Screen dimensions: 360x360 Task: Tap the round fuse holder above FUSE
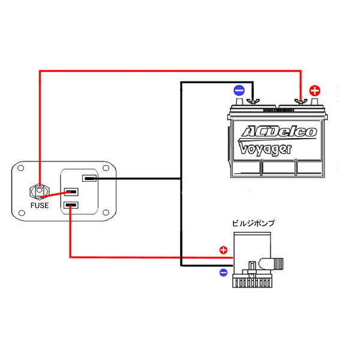[x=40, y=192]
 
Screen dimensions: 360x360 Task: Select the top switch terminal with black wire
[x=90, y=178]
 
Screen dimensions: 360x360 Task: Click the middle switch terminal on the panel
[x=71, y=192]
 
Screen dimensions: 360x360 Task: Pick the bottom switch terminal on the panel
[x=71, y=206]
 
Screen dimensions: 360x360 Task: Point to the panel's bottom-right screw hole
[x=106, y=212]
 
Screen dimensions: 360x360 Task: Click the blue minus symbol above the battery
[x=239, y=91]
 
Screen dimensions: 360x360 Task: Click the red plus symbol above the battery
[x=314, y=91]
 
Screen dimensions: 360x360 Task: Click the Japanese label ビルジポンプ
[x=254, y=223]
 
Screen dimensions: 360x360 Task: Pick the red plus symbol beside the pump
[x=223, y=250]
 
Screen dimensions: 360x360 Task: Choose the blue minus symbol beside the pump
[x=223, y=272]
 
